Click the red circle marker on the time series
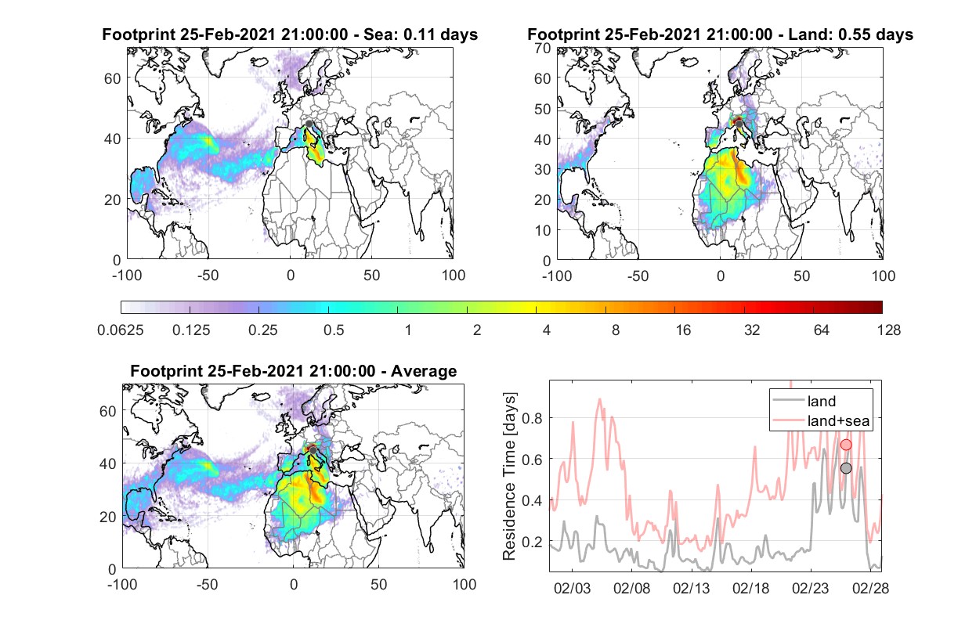[x=846, y=445]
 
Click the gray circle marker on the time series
[x=846, y=468]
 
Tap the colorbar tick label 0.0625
[x=121, y=330]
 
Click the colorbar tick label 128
[x=889, y=330]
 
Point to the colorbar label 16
[x=683, y=330]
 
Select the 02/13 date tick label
[x=691, y=588]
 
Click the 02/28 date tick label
[x=870, y=588]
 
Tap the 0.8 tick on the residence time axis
[x=532, y=419]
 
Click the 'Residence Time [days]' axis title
[x=509, y=477]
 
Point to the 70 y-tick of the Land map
[x=543, y=48]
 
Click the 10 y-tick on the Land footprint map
[x=543, y=230]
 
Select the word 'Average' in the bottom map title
[x=424, y=371]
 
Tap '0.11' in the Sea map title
[x=418, y=34]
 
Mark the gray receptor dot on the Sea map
[x=309, y=124]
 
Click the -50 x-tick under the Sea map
[x=208, y=276]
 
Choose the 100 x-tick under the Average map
[x=465, y=584]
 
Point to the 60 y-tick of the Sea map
[x=112, y=78]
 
